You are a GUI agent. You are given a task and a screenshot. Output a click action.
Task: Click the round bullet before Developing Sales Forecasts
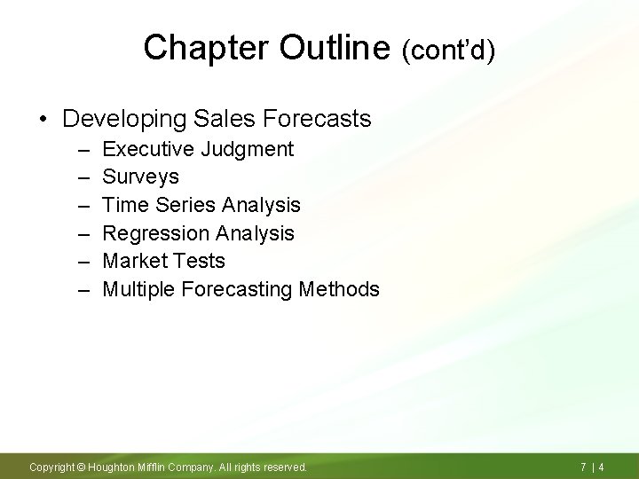click(43, 118)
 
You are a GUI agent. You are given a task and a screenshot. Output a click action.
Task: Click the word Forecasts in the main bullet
click(316, 118)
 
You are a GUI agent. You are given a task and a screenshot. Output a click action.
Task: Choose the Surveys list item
click(140, 177)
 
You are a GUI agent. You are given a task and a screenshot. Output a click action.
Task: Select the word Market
click(131, 261)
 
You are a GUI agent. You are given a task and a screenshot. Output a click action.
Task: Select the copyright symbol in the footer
click(80, 467)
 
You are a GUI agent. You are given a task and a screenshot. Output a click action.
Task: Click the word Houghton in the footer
click(113, 467)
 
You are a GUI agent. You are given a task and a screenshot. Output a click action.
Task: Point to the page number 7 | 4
click(592, 467)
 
